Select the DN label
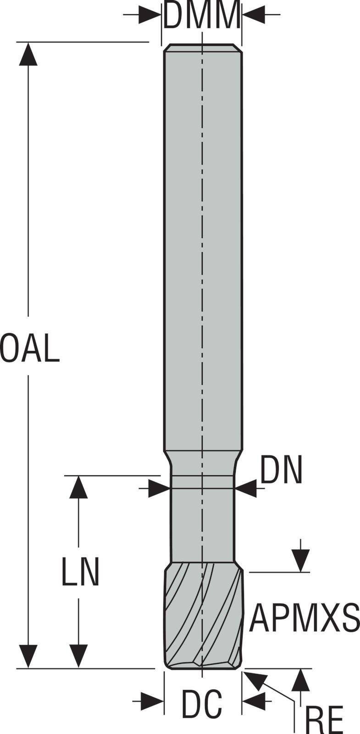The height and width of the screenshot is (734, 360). point(281,470)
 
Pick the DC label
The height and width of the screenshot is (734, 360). point(202,704)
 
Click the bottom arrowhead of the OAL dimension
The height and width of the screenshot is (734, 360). point(28,656)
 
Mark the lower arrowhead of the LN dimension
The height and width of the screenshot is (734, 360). point(78,656)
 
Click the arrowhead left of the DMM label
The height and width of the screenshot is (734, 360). point(150,15)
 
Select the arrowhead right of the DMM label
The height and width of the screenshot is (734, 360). point(254,15)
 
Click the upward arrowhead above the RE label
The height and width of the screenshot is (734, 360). point(300,680)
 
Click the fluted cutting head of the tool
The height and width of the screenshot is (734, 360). point(203,615)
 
